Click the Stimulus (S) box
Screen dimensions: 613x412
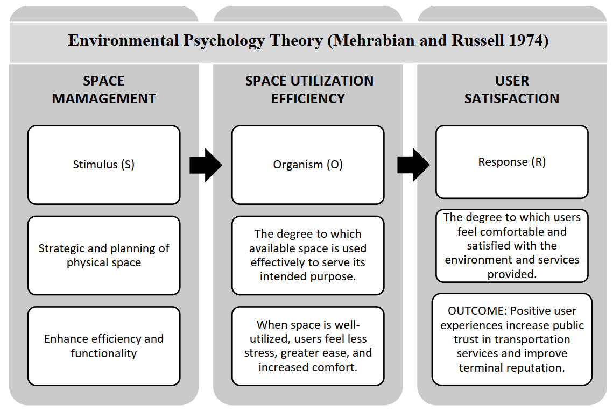point(104,165)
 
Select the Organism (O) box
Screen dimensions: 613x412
point(308,165)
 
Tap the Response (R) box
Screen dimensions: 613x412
point(512,162)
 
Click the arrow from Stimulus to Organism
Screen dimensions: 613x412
point(206,165)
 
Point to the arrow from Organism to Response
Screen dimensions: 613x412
point(414,165)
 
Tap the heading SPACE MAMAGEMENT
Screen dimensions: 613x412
point(104,89)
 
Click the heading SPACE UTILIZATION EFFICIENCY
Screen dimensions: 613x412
point(309,89)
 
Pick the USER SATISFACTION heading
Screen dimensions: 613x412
point(512,89)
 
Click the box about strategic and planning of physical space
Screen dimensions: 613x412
point(104,255)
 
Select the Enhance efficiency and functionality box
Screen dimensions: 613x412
point(104,346)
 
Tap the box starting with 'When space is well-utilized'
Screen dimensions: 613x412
point(308,346)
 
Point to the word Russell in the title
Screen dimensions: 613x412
point(477,41)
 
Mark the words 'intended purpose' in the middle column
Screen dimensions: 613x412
point(308,276)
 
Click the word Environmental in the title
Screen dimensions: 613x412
point(124,41)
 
